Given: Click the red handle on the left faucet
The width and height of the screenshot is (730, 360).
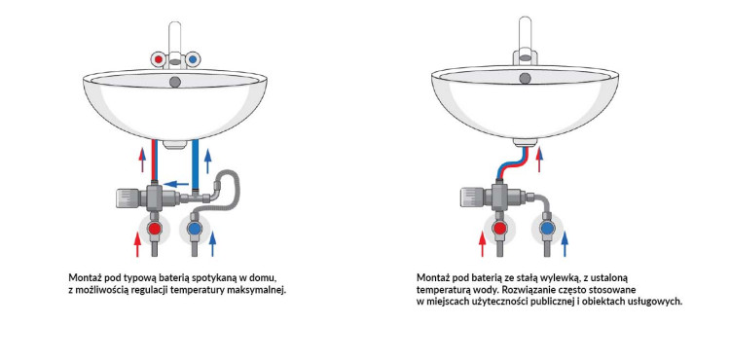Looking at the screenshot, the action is coord(159,59).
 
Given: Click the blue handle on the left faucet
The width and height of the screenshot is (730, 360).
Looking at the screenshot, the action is coord(193,59).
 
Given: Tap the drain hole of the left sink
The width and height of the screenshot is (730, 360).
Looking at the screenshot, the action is coord(175,83).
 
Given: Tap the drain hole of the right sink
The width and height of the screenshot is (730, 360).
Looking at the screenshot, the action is coord(526,78).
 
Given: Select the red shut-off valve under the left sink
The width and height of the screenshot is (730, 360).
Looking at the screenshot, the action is coord(155,228).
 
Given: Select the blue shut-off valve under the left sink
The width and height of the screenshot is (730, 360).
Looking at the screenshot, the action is coord(195,228).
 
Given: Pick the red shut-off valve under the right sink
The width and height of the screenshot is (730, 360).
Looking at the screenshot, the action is coord(500,228).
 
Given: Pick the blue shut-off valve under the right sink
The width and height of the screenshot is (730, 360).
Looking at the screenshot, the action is coord(547,228).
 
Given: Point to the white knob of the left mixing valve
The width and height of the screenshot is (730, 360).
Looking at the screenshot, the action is coord(127,198).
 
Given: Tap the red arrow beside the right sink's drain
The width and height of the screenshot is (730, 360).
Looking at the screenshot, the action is coord(539,160).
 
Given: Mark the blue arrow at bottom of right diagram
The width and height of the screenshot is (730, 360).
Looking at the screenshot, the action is coord(565,243).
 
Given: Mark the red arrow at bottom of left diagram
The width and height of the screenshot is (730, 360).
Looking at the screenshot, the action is coord(137,243).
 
